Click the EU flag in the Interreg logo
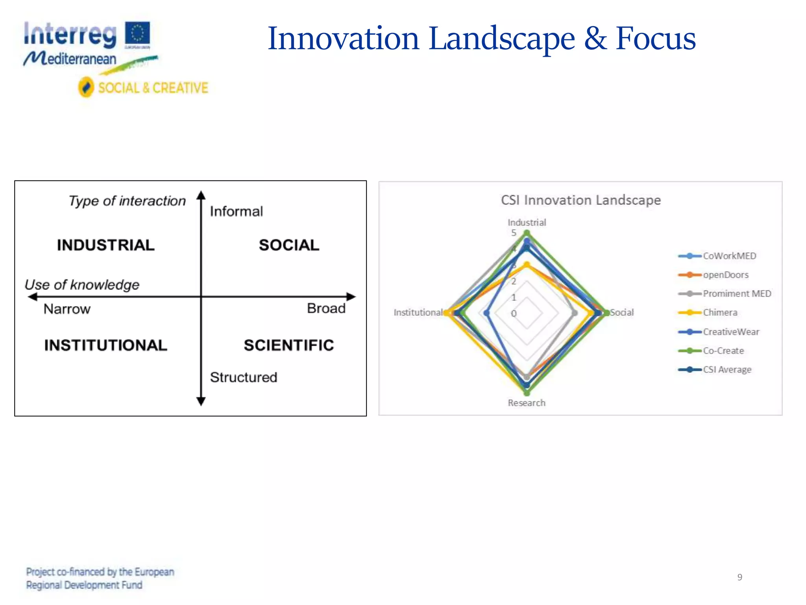pyautogui.click(x=137, y=34)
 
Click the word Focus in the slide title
pyautogui.click(x=656, y=38)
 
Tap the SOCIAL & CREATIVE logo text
pyautogui.click(x=153, y=87)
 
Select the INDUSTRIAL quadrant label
pyautogui.click(x=106, y=245)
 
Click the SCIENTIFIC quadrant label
pyautogui.click(x=289, y=345)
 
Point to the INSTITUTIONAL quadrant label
pyautogui.click(x=105, y=345)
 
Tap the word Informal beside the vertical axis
pyautogui.click(x=236, y=212)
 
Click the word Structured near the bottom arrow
pyautogui.click(x=244, y=377)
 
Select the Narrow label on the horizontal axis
pyautogui.click(x=67, y=309)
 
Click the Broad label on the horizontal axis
pyautogui.click(x=326, y=308)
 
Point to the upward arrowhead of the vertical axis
pyautogui.click(x=201, y=195)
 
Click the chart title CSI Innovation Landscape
pyautogui.click(x=580, y=200)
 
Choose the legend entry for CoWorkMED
pyautogui.click(x=729, y=256)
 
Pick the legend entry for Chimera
pyautogui.click(x=720, y=313)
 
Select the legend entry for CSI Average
pyautogui.click(x=727, y=369)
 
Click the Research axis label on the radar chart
pyautogui.click(x=527, y=403)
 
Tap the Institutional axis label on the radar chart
pyautogui.click(x=418, y=312)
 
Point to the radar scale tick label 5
pyautogui.click(x=514, y=233)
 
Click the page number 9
pyautogui.click(x=739, y=577)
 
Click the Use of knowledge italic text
pyautogui.click(x=82, y=284)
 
